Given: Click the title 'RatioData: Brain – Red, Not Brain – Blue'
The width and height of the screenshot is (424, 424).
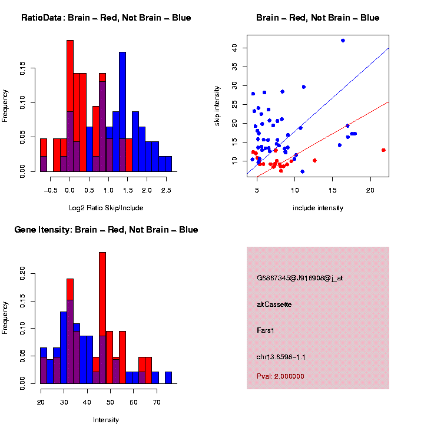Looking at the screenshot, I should coord(106,18).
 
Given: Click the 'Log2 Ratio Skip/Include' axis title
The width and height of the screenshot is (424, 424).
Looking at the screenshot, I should coord(106,208).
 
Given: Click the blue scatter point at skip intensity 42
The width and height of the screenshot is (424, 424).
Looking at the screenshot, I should coord(343,41).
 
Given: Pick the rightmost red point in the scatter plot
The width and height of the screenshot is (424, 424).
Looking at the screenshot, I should coord(383,150).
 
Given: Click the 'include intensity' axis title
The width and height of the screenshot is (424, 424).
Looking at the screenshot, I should coord(318,208).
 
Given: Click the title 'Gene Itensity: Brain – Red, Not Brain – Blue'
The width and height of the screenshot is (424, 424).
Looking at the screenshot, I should coord(106,230).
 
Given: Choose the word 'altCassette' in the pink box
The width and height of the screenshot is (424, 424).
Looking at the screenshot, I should coord(274,304).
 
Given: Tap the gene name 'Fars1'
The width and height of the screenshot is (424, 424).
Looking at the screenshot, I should coord(266,330).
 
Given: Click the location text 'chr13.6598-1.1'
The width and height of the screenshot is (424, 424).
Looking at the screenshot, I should coord(281,357).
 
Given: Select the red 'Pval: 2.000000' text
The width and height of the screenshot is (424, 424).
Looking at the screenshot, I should coord(280,376).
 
